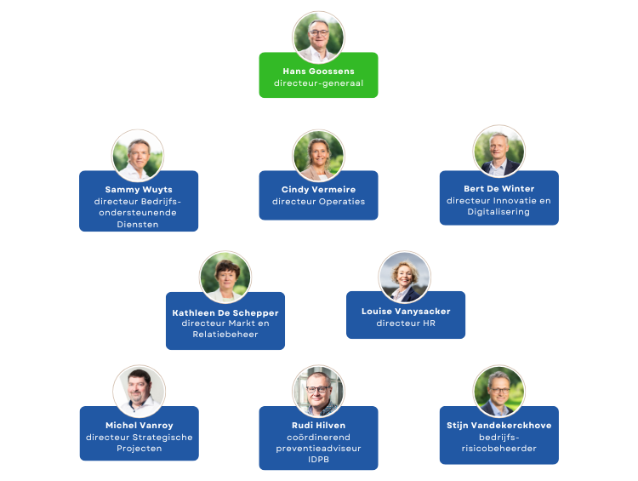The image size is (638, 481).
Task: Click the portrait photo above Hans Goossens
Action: pos(318,37)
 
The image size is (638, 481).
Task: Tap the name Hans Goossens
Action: pos(318,71)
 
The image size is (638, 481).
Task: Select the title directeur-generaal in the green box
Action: pos(318,83)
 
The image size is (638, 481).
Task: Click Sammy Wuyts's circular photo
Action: pos(138,155)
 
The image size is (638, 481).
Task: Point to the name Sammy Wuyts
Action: pos(139,189)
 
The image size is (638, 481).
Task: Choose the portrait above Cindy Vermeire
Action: pos(318,155)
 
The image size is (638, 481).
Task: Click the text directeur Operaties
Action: pos(318,202)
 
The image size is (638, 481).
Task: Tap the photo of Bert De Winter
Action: pos(499,152)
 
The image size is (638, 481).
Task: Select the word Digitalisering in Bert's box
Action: pos(498,212)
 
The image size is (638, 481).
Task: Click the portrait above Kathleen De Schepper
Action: pos(225,277)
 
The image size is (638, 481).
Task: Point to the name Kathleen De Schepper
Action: pos(225,312)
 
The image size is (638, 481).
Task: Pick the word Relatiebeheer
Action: pos(225,335)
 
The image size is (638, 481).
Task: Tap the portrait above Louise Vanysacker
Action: pos(405,277)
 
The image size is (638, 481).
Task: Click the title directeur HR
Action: pos(406,324)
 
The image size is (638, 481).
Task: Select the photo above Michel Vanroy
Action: pos(139,391)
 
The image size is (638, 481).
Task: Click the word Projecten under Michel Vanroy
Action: pos(139,449)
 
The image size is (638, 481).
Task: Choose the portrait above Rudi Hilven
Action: pos(318,391)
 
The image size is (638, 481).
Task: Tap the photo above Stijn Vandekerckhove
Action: pos(499,391)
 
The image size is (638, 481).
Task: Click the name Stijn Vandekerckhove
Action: pos(498,425)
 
